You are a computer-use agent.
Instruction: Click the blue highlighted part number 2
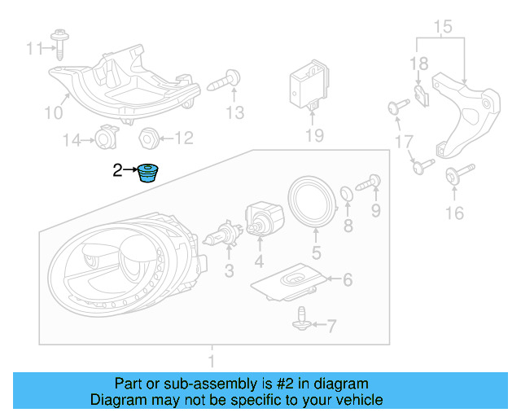[147, 173]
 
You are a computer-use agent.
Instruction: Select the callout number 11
[33, 49]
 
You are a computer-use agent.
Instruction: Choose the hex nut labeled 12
[149, 138]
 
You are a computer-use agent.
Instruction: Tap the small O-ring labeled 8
[347, 194]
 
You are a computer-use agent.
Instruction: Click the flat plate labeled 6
[291, 283]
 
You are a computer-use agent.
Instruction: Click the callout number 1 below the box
[212, 359]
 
